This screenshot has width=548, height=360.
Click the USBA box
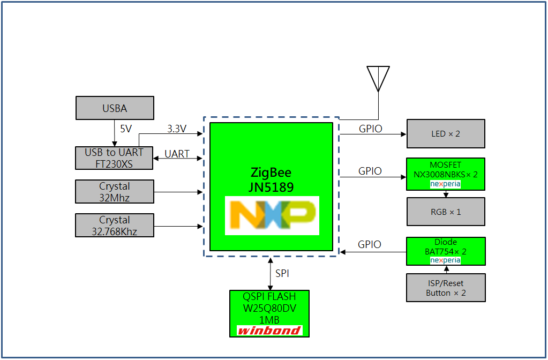(115, 108)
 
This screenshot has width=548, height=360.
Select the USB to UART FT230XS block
(114, 158)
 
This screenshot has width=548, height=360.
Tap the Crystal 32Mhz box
(115, 192)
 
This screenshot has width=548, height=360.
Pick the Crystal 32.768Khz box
(115, 226)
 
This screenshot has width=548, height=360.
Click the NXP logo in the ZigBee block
(272, 215)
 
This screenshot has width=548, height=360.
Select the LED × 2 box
(446, 133)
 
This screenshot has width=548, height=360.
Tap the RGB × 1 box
(446, 212)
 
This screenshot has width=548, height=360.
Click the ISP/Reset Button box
(446, 288)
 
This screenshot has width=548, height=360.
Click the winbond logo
(269, 331)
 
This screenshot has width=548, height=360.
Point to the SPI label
(282, 273)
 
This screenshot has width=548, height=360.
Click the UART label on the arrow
(177, 154)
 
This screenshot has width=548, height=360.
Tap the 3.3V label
(177, 129)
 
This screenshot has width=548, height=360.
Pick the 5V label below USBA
(125, 129)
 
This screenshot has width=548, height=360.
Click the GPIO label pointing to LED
(370, 129)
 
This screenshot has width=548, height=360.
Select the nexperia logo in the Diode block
(446, 260)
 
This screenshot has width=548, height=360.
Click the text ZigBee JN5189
(272, 180)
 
